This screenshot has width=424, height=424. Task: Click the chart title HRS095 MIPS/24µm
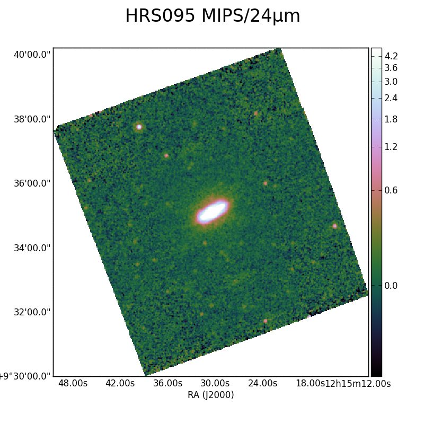tap(213, 16)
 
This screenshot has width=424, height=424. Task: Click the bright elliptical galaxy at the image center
tap(213, 211)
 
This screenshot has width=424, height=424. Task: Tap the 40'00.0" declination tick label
tap(32, 55)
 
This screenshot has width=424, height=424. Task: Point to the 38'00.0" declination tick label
tap(32, 119)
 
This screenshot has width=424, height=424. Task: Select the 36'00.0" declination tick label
tap(32, 183)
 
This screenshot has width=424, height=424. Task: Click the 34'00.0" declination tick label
tap(32, 248)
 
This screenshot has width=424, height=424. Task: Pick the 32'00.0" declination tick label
tap(32, 312)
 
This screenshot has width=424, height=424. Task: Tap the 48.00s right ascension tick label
tap(73, 383)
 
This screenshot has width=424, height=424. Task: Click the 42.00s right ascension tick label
tap(120, 383)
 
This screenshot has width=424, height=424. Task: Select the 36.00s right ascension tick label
tap(168, 383)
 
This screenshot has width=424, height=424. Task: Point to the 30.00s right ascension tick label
tap(215, 383)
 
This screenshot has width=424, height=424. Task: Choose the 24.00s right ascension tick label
tap(262, 383)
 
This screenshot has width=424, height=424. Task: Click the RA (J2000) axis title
tap(210, 395)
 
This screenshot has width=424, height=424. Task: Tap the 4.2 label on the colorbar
tap(391, 56)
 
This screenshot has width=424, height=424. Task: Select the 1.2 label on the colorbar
tap(391, 147)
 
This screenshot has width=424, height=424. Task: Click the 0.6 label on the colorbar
tap(391, 190)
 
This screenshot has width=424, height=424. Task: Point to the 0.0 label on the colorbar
tap(391, 286)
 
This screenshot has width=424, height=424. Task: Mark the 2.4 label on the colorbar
tap(391, 98)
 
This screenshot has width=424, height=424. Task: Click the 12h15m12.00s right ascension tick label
tap(358, 383)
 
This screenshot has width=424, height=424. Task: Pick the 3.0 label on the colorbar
tap(391, 82)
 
